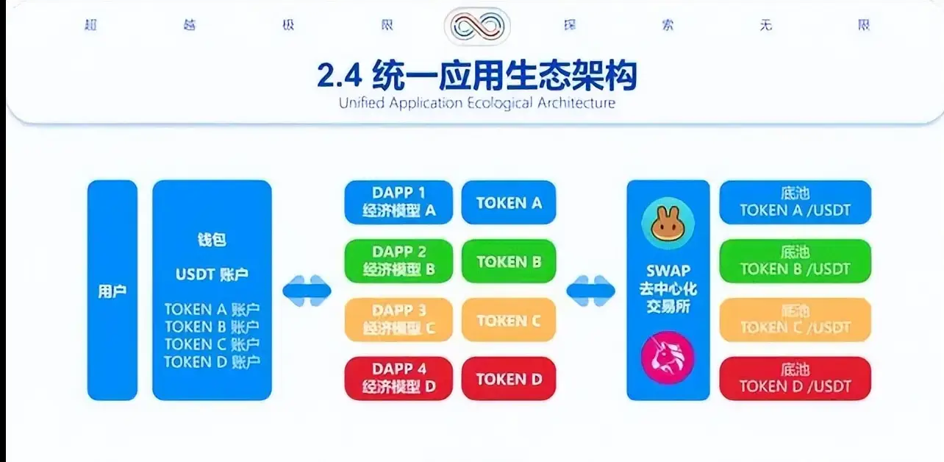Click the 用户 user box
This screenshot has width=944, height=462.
click(x=112, y=291)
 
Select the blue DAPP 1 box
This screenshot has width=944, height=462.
click(x=398, y=202)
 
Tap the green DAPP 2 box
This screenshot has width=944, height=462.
click(x=398, y=261)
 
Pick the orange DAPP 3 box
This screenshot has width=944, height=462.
click(x=398, y=320)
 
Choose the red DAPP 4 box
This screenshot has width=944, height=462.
click(x=398, y=379)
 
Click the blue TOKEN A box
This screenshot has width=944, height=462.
click(x=509, y=202)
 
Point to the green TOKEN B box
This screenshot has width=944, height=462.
click(x=509, y=261)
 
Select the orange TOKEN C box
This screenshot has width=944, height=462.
click(x=509, y=320)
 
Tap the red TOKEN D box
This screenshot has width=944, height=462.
click(x=509, y=379)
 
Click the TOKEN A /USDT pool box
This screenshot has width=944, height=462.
click(x=795, y=202)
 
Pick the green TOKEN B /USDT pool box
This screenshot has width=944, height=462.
click(x=795, y=261)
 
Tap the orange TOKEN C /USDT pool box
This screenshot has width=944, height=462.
click(x=795, y=320)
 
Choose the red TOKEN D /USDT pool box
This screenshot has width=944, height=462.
click(x=795, y=379)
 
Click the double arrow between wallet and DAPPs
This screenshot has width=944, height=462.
click(x=307, y=291)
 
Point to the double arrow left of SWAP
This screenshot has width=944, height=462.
click(x=590, y=291)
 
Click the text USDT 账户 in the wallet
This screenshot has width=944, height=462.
click(x=212, y=275)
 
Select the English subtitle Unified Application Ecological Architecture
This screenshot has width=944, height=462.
click(x=476, y=102)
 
